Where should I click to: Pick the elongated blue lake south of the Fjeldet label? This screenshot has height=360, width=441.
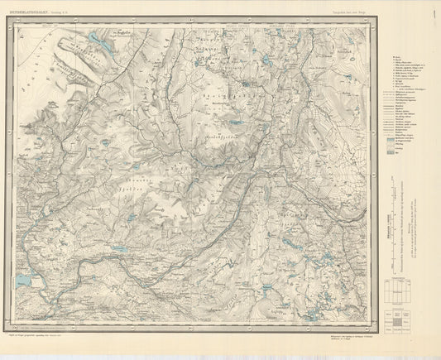[121, 247]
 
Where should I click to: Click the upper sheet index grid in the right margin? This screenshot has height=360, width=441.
[400, 290]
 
